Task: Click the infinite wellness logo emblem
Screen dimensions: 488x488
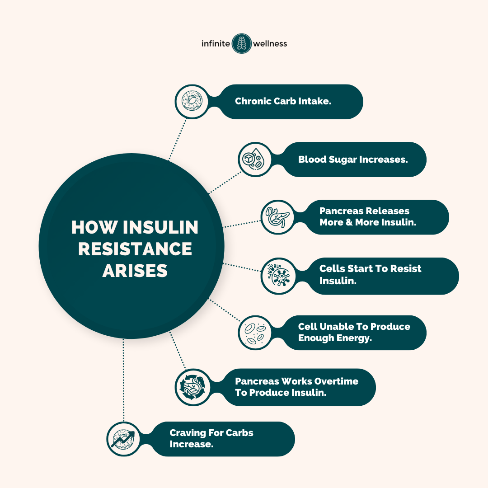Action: [x=241, y=43]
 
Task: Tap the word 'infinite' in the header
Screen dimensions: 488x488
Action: [x=216, y=44]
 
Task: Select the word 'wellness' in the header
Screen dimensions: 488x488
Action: [x=270, y=44]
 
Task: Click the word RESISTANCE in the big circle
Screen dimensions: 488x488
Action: [x=135, y=249]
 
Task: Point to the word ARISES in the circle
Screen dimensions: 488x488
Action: [x=135, y=271]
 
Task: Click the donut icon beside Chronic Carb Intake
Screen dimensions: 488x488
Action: [x=192, y=102]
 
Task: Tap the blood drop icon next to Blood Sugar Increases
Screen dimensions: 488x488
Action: [x=255, y=160]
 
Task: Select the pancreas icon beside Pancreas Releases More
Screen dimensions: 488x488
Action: [x=277, y=217]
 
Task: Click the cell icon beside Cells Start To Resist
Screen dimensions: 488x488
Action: [x=277, y=276]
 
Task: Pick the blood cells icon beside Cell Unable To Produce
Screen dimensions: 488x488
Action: [x=255, y=333]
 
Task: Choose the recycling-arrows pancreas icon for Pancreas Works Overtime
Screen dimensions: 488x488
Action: [x=192, y=387]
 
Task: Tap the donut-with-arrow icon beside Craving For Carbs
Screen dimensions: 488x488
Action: [x=123, y=439]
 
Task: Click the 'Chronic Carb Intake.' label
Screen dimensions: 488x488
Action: [x=283, y=101]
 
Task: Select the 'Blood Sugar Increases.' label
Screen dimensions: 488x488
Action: [x=353, y=160]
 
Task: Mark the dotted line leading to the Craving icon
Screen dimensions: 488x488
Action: [x=123, y=380]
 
